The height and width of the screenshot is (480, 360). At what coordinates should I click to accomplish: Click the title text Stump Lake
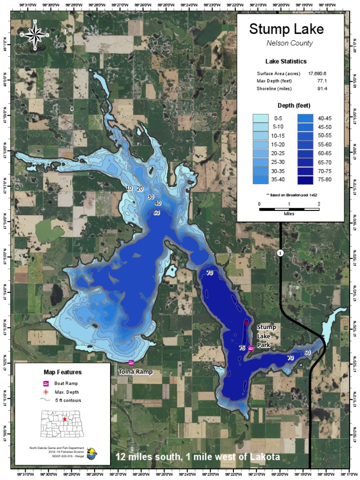point(286,29)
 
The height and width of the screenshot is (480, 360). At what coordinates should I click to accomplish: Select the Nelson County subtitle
point(286,43)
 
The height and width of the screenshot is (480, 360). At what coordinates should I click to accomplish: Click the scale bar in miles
point(289,209)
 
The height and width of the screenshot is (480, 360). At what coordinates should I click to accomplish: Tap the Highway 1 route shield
point(280,253)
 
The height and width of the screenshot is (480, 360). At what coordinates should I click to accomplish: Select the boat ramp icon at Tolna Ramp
point(131,362)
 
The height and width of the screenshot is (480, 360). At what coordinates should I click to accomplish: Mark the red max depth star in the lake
point(246,323)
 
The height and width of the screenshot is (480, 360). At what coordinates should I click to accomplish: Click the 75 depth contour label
point(242,348)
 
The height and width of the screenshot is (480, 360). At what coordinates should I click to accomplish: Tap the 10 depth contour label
point(129,188)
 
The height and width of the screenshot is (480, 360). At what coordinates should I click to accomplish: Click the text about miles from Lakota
point(198,457)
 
